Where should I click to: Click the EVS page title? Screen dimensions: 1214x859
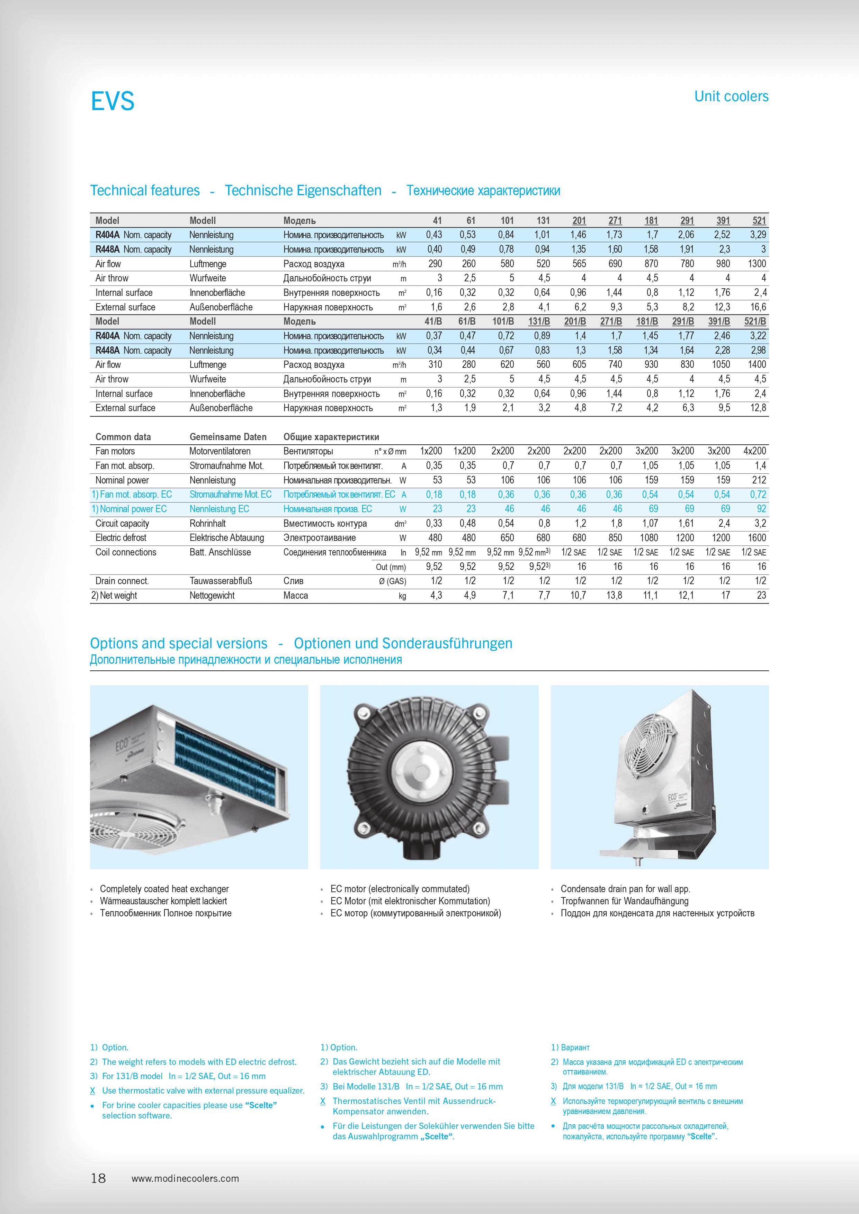(x=113, y=101)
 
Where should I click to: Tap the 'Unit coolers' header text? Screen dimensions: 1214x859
(x=731, y=96)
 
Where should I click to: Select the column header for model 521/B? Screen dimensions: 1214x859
(x=755, y=321)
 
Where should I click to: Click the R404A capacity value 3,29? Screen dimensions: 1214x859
(x=758, y=235)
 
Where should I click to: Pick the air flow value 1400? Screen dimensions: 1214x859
(x=757, y=364)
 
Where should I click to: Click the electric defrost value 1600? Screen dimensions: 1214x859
(x=757, y=538)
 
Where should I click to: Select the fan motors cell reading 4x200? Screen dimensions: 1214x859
(x=754, y=451)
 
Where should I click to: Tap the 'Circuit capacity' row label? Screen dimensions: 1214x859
(x=122, y=524)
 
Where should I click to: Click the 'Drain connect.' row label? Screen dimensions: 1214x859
(x=122, y=581)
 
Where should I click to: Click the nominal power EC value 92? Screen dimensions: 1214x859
(x=761, y=509)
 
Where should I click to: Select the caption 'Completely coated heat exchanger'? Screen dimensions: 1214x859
(x=164, y=889)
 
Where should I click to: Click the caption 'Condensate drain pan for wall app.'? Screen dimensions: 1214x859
(x=625, y=889)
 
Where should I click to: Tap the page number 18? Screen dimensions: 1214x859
(x=98, y=1178)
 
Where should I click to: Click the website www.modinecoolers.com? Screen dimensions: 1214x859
(x=185, y=1179)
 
